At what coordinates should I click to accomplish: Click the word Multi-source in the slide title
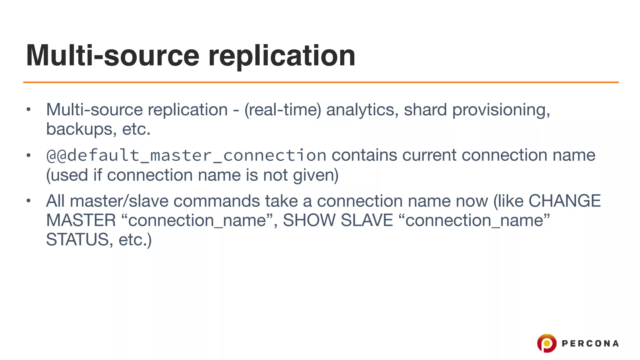tap(113, 56)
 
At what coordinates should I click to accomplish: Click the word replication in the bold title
tap(282, 56)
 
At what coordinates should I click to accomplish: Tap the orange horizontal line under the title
tap(321, 82)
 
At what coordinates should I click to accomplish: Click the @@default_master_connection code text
tap(186, 155)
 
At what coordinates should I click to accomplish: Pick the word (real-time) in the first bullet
tap(283, 110)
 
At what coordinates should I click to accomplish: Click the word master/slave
tap(119, 201)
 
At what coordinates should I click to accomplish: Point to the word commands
tap(217, 201)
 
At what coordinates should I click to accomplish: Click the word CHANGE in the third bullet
tap(564, 201)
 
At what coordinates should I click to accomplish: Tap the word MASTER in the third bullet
tap(81, 220)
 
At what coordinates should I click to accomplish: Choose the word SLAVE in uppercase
tap(367, 220)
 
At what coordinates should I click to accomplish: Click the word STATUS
tap(77, 240)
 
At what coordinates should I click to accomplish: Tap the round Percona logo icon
tap(547, 343)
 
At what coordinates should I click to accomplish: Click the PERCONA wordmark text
tap(590, 344)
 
